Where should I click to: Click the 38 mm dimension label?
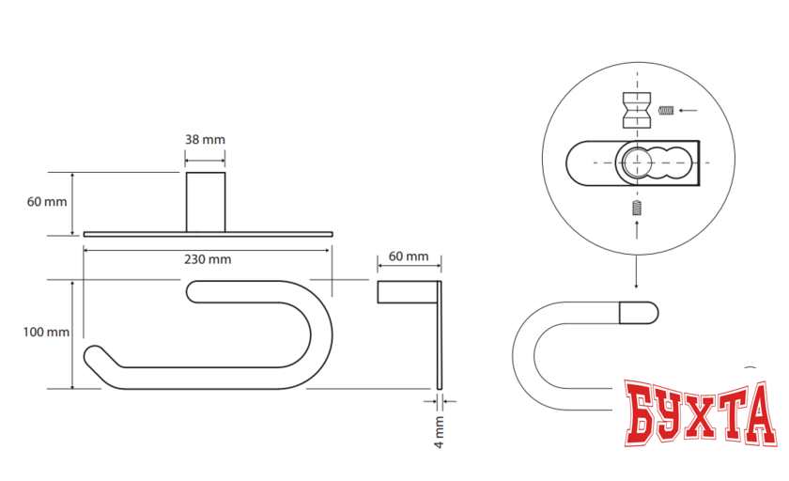point(205,139)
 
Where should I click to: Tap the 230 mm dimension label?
point(208,259)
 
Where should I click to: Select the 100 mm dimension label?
point(46,332)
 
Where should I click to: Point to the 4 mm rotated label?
point(439,432)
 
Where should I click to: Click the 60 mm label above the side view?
point(408,256)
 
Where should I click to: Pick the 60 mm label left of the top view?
point(46,202)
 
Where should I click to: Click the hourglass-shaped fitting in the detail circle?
point(637,110)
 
